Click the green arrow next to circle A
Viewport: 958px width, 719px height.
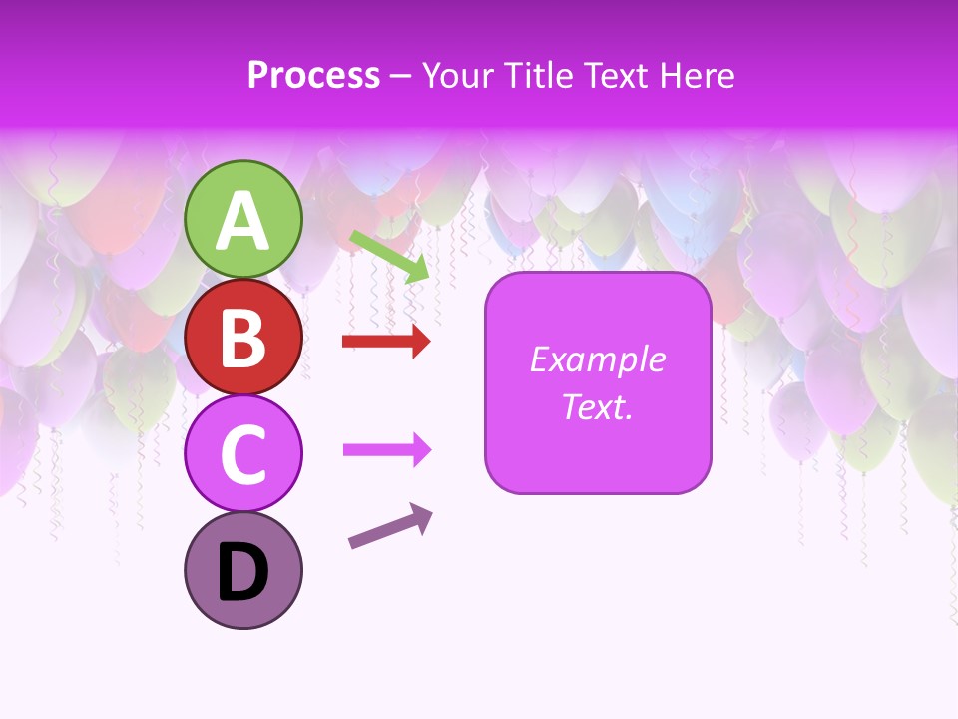click(389, 255)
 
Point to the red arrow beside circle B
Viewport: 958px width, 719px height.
click(385, 342)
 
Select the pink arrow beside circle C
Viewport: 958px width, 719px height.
click(386, 450)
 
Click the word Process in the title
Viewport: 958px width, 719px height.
click(313, 76)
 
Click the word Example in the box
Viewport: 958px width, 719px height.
click(598, 359)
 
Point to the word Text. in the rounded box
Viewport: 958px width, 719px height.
click(598, 407)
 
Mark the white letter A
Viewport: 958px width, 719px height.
click(242, 222)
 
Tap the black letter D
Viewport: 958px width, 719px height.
click(242, 573)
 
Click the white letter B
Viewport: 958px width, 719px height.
click(242, 338)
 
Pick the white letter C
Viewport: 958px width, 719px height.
click(242, 455)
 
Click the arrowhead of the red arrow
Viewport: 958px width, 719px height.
click(421, 342)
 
